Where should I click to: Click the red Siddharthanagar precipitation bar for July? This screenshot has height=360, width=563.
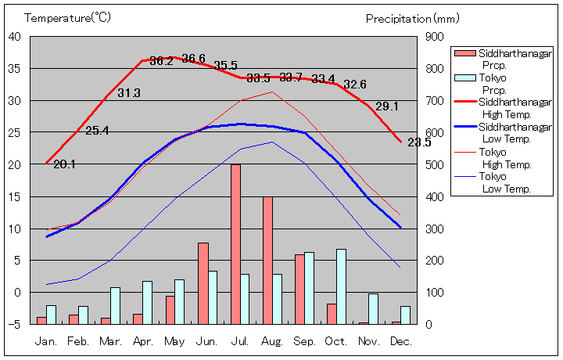pyautogui.click(x=235, y=244)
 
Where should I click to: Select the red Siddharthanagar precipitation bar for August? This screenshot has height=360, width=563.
pyautogui.click(x=267, y=260)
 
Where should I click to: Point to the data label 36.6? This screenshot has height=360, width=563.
pyautogui.click(x=193, y=59)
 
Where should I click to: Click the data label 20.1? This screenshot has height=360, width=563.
pyautogui.click(x=64, y=164)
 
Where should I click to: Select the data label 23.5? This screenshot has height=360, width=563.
pyautogui.click(x=419, y=142)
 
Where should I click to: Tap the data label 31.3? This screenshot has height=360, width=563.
pyautogui.click(x=129, y=93)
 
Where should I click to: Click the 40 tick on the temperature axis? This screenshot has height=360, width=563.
pyautogui.click(x=15, y=37)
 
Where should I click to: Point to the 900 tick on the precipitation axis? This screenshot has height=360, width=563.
pyautogui.click(x=436, y=37)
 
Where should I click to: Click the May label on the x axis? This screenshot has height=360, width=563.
pyautogui.click(x=175, y=341)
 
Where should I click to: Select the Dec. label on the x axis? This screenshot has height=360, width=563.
pyautogui.click(x=400, y=341)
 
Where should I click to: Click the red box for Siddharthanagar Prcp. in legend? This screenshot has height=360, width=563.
pyautogui.click(x=464, y=53)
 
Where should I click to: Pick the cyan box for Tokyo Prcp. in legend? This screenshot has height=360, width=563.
pyautogui.click(x=464, y=78)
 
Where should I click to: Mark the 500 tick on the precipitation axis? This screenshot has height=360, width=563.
pyautogui.click(x=436, y=164)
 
